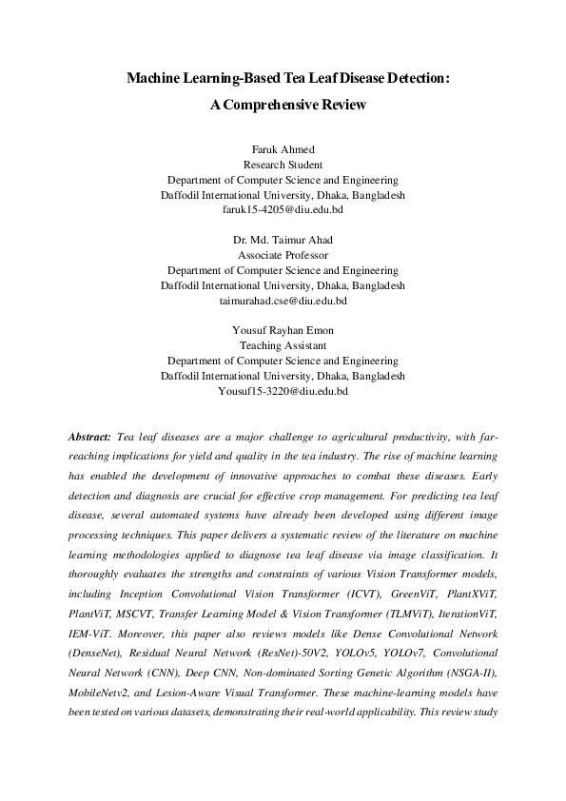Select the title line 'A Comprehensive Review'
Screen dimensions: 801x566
283,106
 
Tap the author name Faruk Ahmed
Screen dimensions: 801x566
283,149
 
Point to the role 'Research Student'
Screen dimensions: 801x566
283,164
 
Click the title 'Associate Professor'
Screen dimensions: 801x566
283,256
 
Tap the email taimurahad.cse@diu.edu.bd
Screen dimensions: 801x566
283,299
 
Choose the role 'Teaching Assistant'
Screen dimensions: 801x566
283,346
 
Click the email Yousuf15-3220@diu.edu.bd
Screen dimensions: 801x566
283,390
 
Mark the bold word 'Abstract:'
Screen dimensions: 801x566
90,435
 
